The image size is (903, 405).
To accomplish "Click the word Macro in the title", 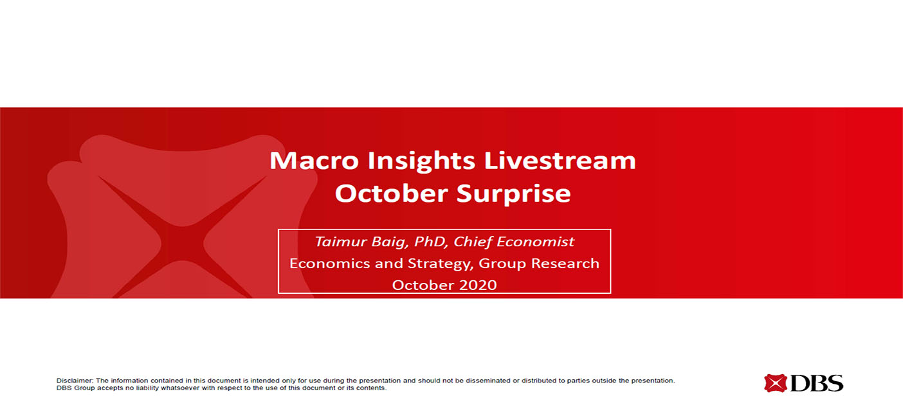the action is (314, 160).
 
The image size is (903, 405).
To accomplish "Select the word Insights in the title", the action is (421, 162).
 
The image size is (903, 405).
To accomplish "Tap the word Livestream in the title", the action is (560, 160).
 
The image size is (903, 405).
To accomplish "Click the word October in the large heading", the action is (392, 193).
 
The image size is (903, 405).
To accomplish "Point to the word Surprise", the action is (514, 195).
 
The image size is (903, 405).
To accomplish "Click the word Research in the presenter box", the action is (565, 264).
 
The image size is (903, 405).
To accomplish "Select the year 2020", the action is (478, 285).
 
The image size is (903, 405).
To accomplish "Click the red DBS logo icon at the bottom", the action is (775, 383).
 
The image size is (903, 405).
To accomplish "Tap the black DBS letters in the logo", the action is (817, 383).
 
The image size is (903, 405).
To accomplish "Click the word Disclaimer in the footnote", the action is (75, 381).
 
